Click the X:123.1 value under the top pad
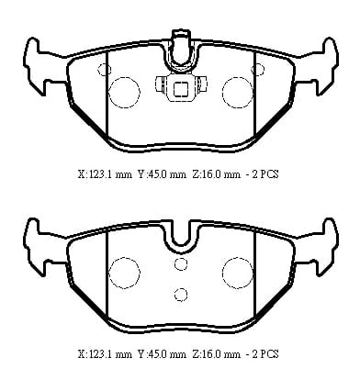[106, 174]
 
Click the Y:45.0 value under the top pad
[162, 174]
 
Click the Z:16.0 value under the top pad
[216, 174]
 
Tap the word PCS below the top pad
[269, 174]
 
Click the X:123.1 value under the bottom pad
[106, 354]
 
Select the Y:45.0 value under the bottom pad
[162, 354]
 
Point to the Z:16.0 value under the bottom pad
[216, 354]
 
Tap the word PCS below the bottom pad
[269, 354]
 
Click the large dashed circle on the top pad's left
[109, 93]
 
